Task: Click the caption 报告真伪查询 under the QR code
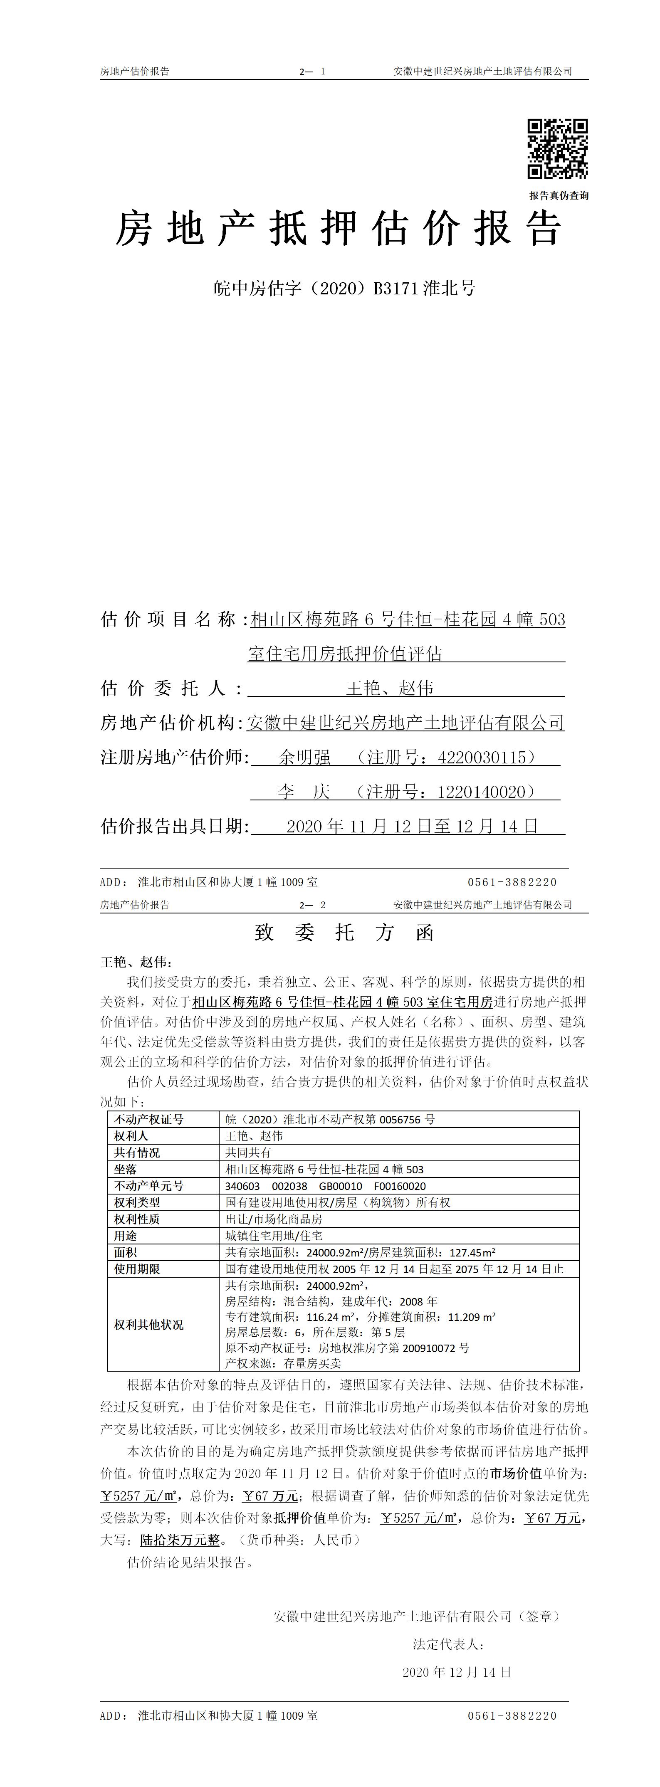[559, 196]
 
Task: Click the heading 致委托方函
[344, 933]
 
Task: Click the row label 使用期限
[137, 1269]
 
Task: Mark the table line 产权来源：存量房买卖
[283, 1363]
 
